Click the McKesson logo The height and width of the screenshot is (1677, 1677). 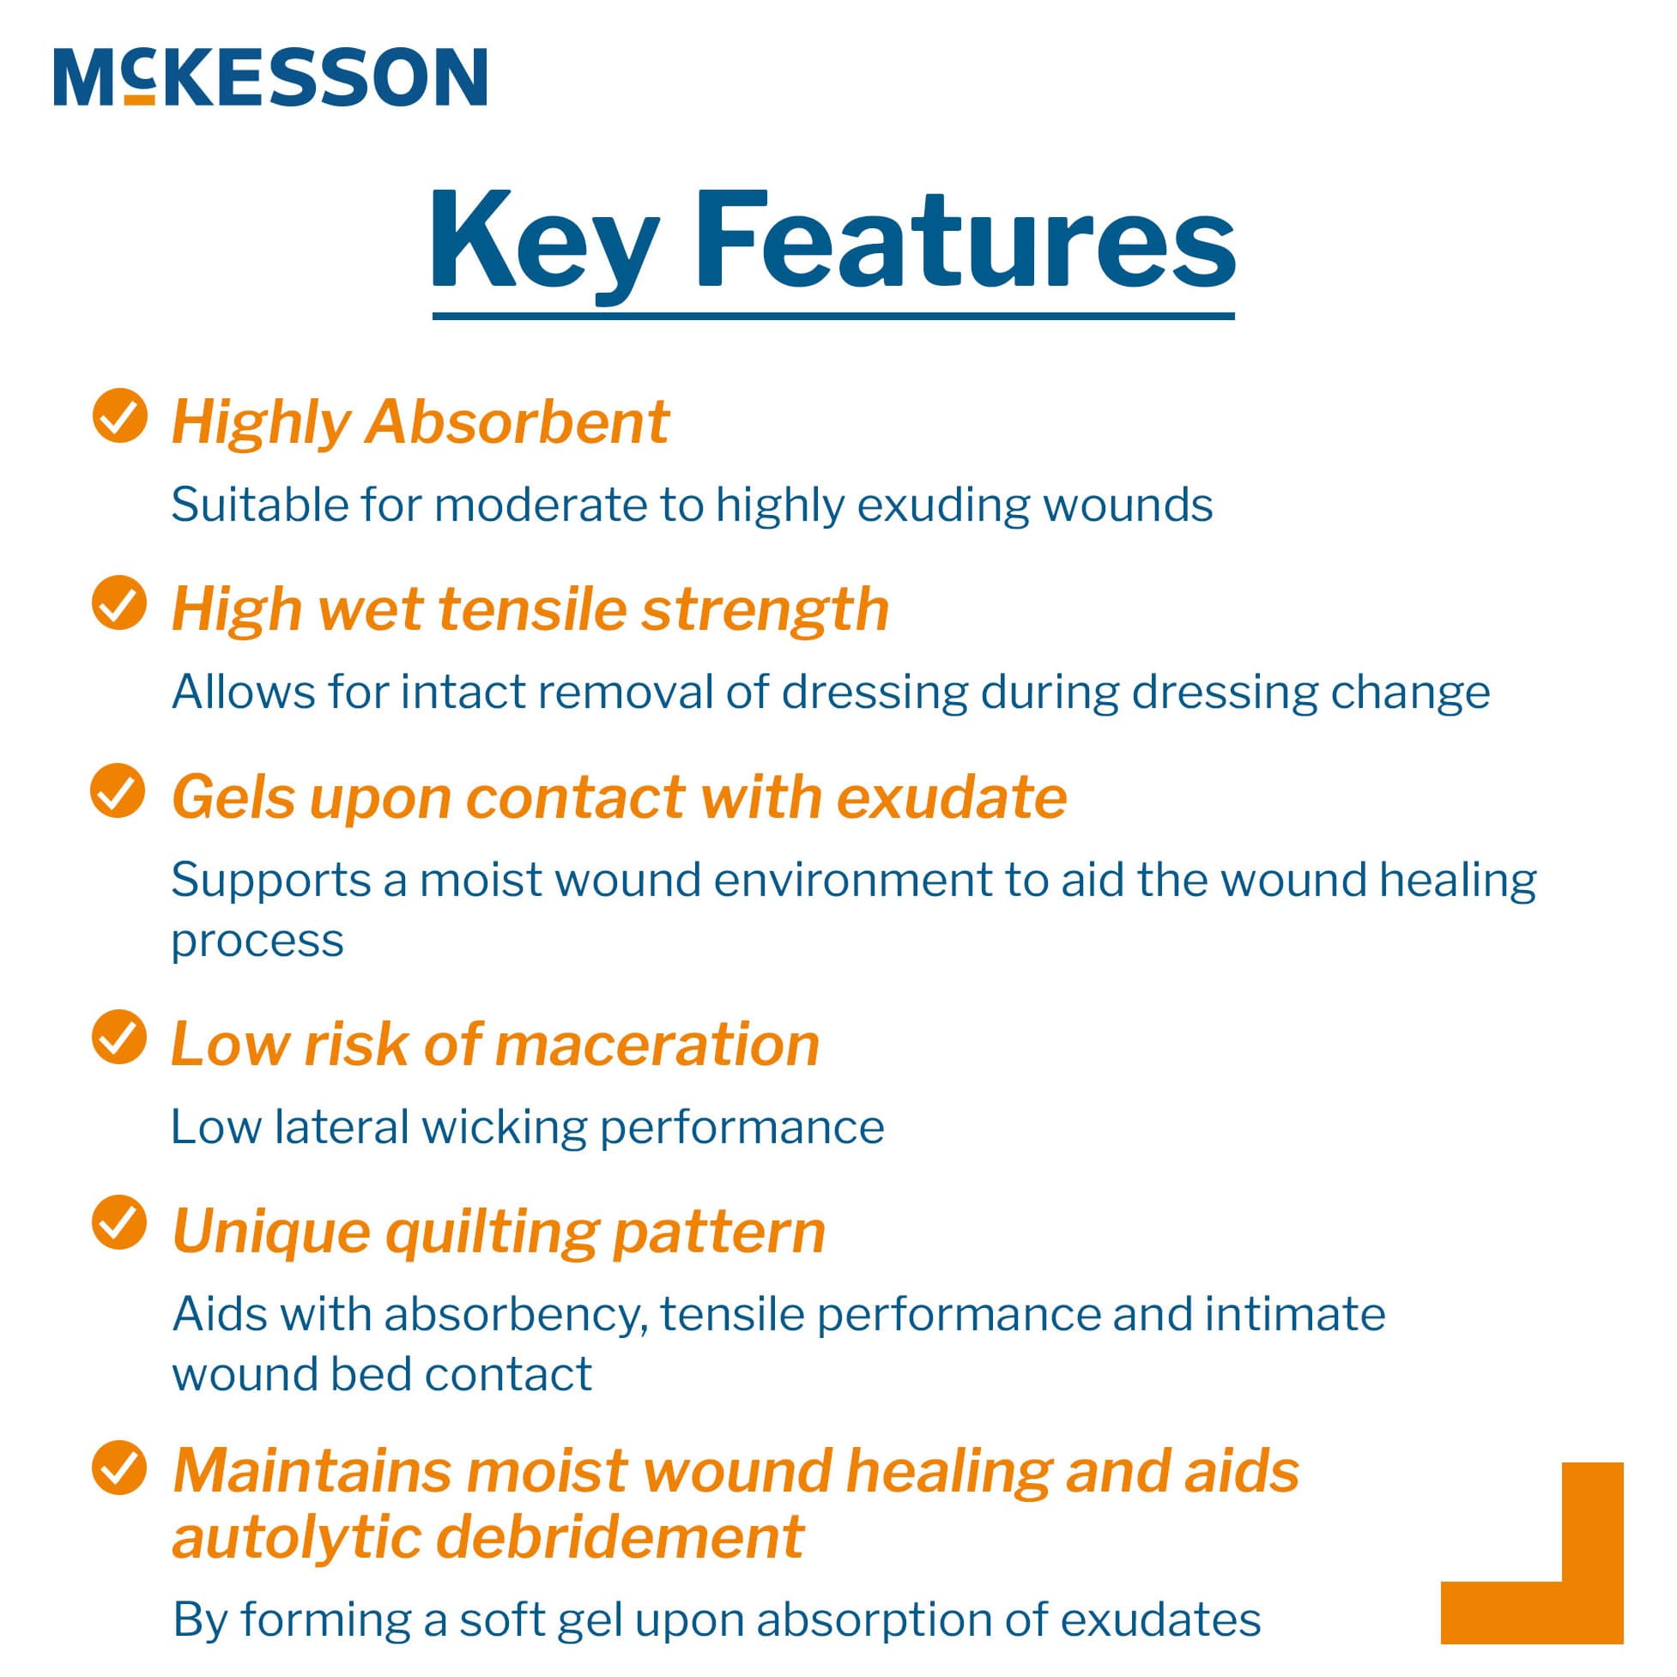(x=270, y=77)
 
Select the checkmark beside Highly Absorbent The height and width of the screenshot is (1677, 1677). (x=119, y=415)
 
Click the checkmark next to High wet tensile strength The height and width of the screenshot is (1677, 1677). (x=119, y=602)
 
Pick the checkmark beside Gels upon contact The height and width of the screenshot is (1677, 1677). (x=118, y=790)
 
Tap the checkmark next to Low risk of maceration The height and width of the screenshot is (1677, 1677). (x=119, y=1037)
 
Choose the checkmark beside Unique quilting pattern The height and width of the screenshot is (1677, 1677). (x=119, y=1222)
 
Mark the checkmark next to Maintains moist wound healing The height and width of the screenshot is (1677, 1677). (x=119, y=1468)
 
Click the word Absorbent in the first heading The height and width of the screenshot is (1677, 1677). (x=518, y=423)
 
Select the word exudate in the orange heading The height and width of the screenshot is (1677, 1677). (x=951, y=796)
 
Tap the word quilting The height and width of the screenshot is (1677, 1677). (x=492, y=1231)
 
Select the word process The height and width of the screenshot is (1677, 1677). (x=257, y=941)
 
